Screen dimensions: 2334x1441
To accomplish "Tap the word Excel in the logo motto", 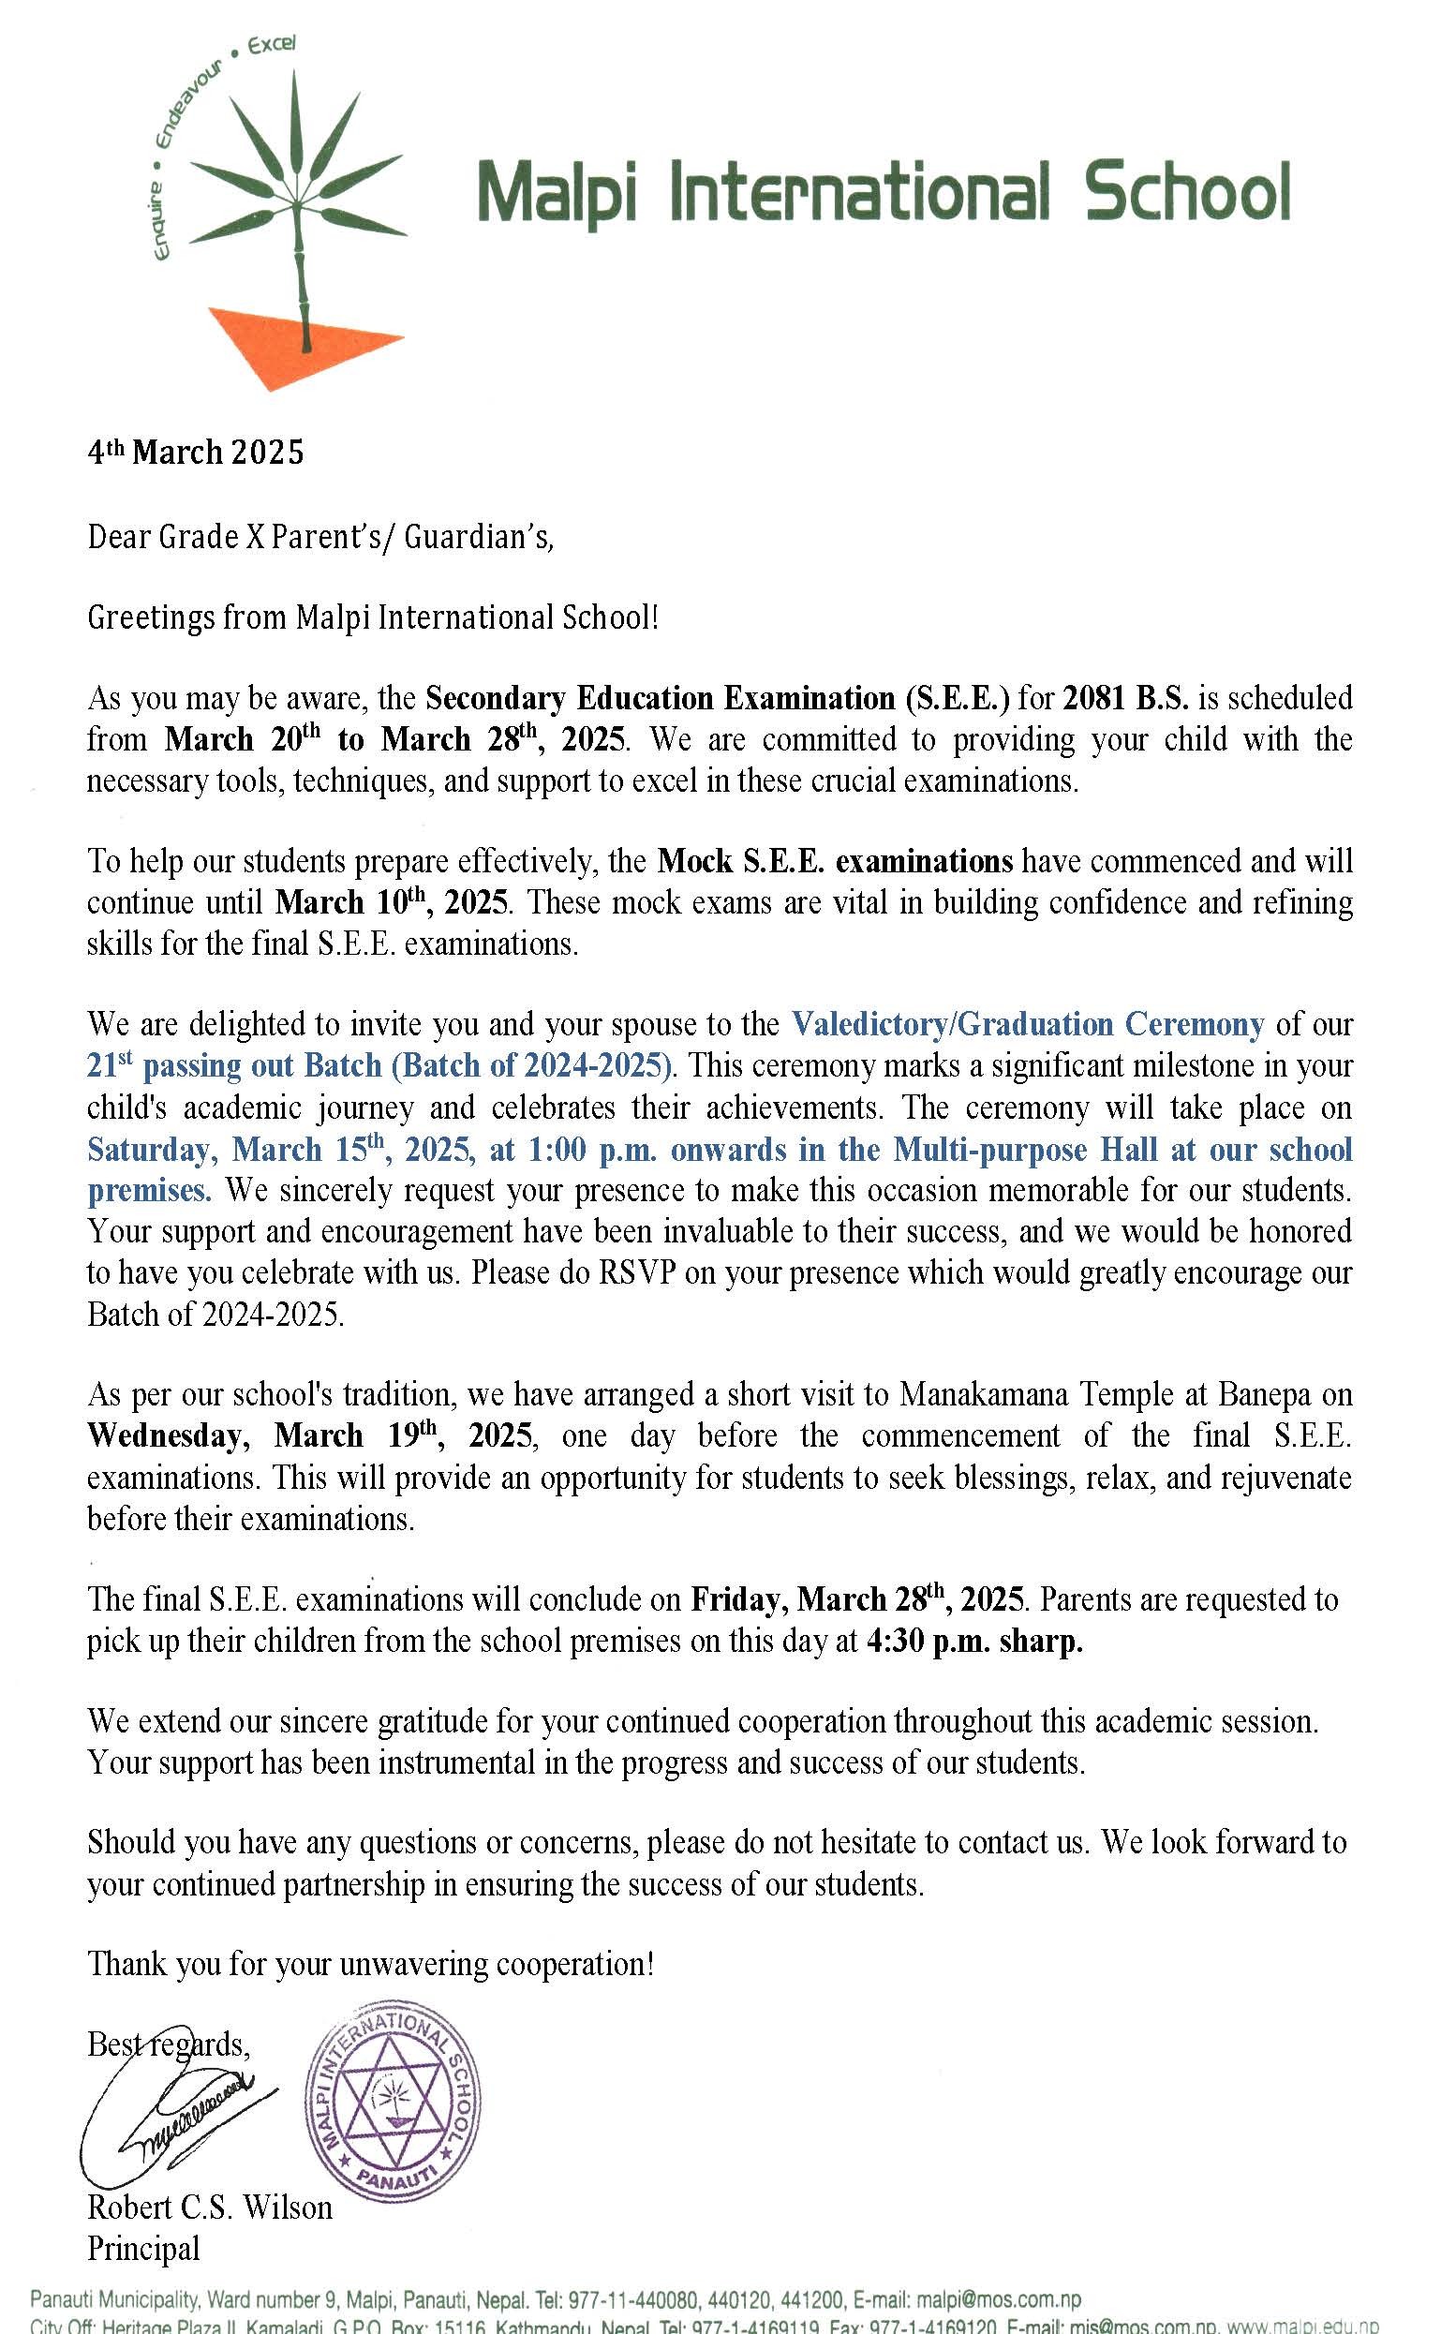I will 271,46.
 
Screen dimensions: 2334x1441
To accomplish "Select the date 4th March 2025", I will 196,452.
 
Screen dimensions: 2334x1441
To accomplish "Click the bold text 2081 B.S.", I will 1125,699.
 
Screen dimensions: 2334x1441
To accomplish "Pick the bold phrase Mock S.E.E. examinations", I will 835,862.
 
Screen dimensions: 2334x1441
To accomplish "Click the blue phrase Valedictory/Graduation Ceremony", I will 1028,1024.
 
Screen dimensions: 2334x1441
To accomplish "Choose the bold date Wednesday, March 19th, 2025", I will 309,1435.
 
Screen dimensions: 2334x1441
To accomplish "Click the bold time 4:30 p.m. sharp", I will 975,1642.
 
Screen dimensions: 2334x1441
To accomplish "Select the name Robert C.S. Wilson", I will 210,2208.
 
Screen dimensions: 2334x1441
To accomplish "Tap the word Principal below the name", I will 144,2248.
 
